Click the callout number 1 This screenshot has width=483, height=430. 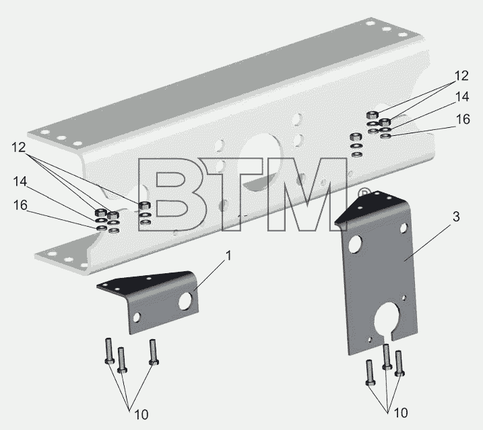(228, 256)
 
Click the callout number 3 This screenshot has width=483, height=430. (456, 217)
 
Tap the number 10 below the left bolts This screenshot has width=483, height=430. (141, 415)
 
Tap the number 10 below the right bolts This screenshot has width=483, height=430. (401, 413)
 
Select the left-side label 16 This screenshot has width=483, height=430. (20, 205)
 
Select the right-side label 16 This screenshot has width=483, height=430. (463, 119)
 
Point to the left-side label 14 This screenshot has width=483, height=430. (20, 182)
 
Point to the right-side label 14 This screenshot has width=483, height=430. (462, 97)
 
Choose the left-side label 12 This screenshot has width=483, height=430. (18, 147)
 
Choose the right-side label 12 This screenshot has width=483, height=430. (461, 76)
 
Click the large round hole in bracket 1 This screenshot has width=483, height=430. (185, 301)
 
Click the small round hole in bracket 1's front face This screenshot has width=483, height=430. (136, 318)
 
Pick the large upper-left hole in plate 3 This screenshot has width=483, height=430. (355, 244)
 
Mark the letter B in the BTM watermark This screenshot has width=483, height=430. (167, 194)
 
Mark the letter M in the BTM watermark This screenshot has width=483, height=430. (307, 194)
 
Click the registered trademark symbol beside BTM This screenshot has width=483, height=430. (364, 193)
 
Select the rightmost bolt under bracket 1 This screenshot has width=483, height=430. (153, 352)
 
